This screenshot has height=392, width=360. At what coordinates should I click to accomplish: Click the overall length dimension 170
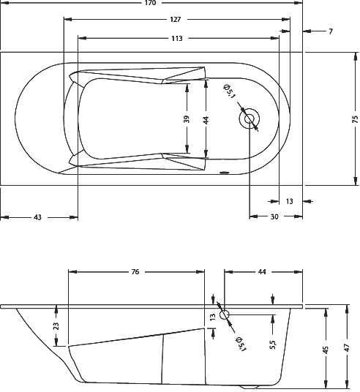[150, 3]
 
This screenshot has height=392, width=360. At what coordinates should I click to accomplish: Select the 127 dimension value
[175, 20]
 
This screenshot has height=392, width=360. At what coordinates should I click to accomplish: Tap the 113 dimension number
[177, 39]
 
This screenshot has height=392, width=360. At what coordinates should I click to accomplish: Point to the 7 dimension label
[331, 31]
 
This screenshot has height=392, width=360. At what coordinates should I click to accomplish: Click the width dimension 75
[355, 119]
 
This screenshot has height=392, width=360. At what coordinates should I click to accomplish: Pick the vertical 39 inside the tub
[187, 119]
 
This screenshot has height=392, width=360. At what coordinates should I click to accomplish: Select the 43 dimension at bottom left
[37, 217]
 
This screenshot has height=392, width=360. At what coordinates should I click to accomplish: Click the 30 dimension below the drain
[274, 216]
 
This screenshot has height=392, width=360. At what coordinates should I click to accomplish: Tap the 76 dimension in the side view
[135, 271]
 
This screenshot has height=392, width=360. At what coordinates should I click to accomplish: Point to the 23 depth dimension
[56, 326]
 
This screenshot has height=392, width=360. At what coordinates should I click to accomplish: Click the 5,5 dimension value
[273, 344]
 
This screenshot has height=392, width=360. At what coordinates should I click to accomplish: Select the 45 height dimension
[326, 349]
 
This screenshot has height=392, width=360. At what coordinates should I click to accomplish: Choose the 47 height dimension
[347, 347]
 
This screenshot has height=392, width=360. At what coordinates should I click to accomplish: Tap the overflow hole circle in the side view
[225, 315]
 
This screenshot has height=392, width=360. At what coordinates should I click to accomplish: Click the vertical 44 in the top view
[206, 120]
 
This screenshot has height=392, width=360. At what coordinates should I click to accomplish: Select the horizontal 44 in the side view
[262, 271]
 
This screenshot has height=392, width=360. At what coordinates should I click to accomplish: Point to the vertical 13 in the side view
[213, 317]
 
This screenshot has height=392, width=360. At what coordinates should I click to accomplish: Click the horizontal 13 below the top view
[289, 201]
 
